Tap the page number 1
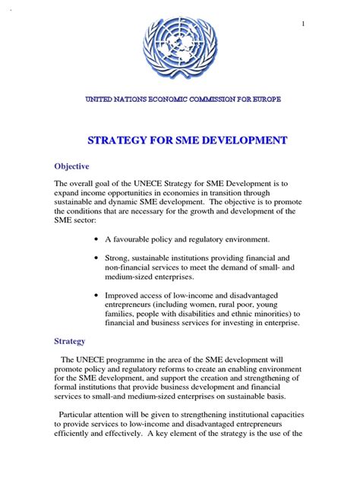coord(303,24)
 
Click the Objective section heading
coord(71,166)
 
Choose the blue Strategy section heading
coord(69,342)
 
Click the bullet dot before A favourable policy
coord(94,240)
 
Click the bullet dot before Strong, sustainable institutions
coord(94,259)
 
